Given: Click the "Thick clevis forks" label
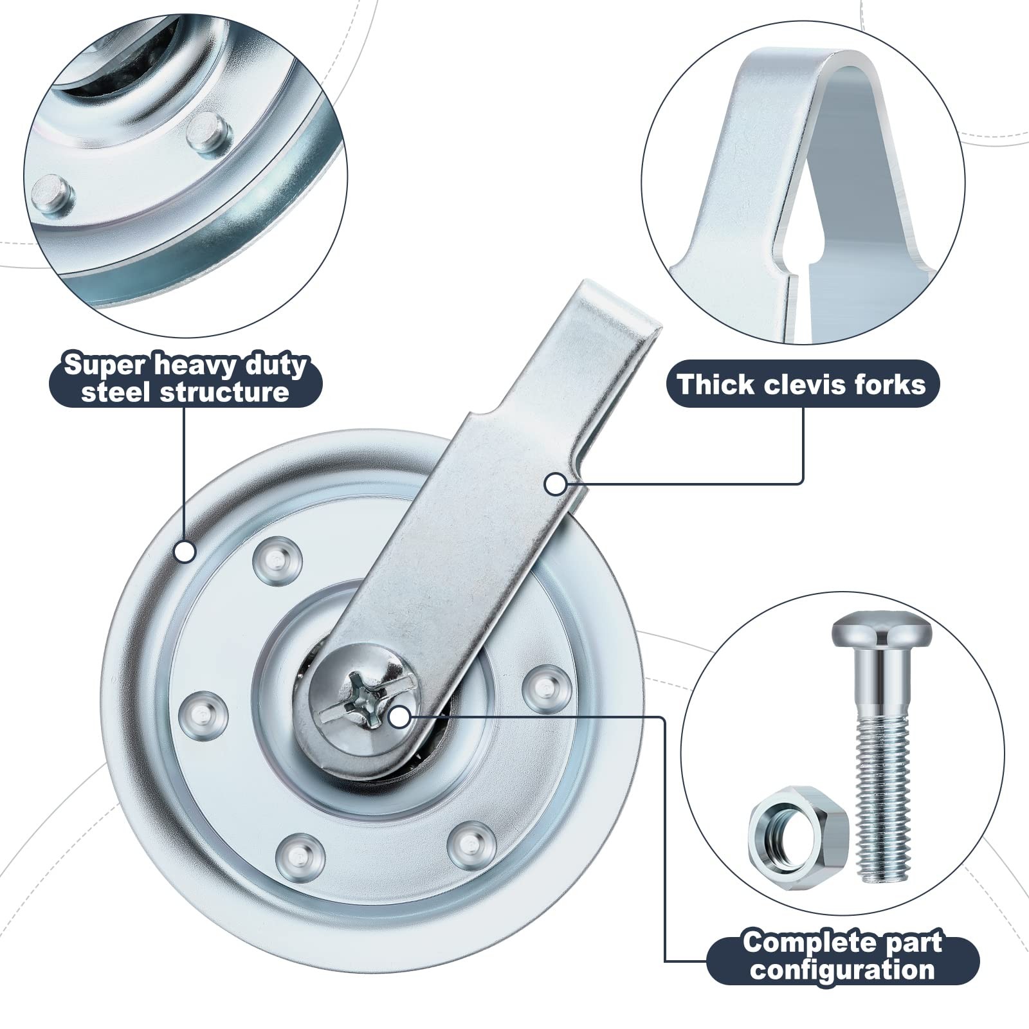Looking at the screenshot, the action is (x=802, y=384).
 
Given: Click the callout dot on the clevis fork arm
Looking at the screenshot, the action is (x=556, y=484).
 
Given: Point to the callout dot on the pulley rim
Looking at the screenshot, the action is (x=185, y=551).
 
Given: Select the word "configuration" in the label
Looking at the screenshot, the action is (x=842, y=969).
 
